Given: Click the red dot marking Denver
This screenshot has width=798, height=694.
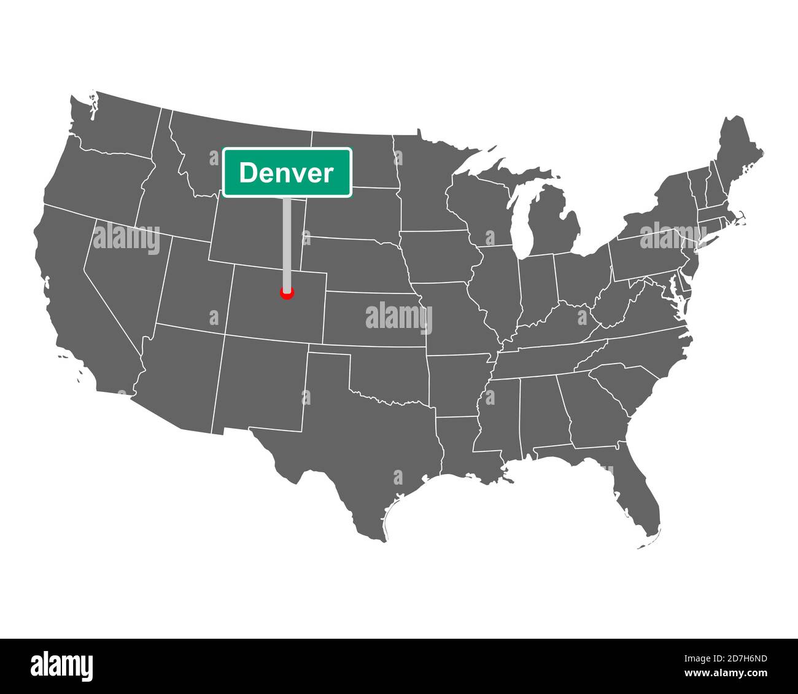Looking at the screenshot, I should coord(287,293).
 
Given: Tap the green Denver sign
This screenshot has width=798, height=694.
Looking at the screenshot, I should coord(287,173).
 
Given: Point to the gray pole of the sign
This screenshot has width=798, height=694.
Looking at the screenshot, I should coord(287,240).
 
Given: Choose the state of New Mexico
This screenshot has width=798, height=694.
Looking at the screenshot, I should coord(261,384).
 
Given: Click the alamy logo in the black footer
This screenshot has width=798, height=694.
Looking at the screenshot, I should coord(61,666).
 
